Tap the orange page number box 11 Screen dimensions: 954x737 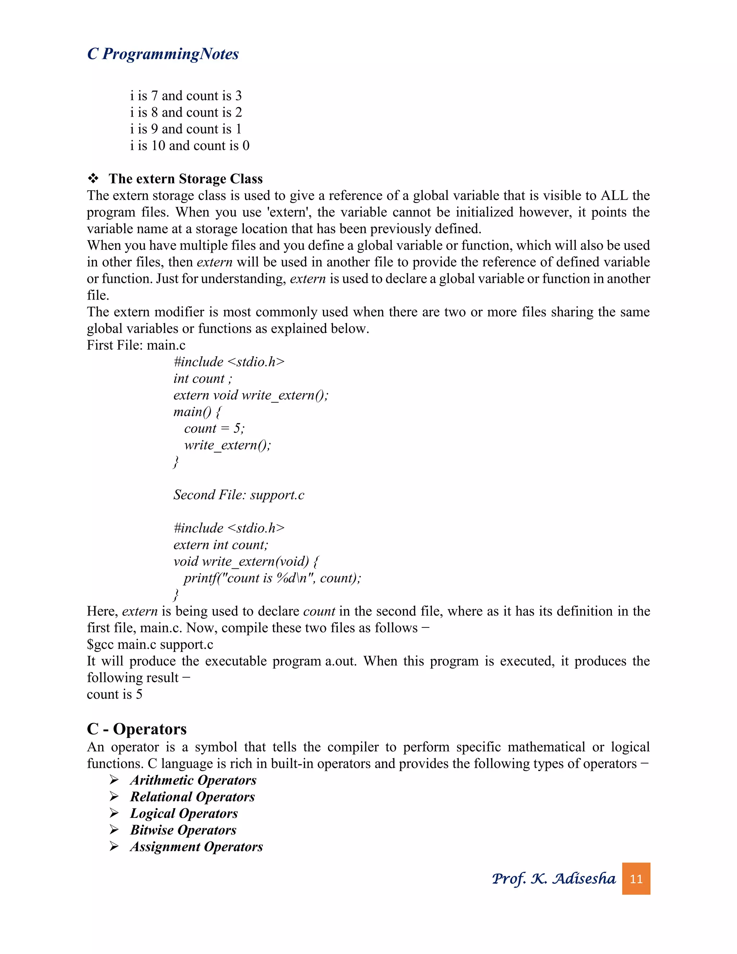[636, 878]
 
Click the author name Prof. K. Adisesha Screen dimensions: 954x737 [553, 878]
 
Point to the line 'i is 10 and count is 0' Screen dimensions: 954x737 [190, 145]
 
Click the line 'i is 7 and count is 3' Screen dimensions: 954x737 [186, 96]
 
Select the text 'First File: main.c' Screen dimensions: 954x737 [136, 345]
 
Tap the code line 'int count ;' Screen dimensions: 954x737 [203, 378]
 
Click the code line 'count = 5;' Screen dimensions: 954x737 [214, 428]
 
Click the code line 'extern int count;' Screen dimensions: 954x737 [221, 545]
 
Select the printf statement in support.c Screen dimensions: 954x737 [272, 578]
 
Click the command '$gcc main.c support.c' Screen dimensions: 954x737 [150, 644]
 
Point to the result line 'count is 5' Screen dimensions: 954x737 [114, 694]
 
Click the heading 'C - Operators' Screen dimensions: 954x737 [136, 729]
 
